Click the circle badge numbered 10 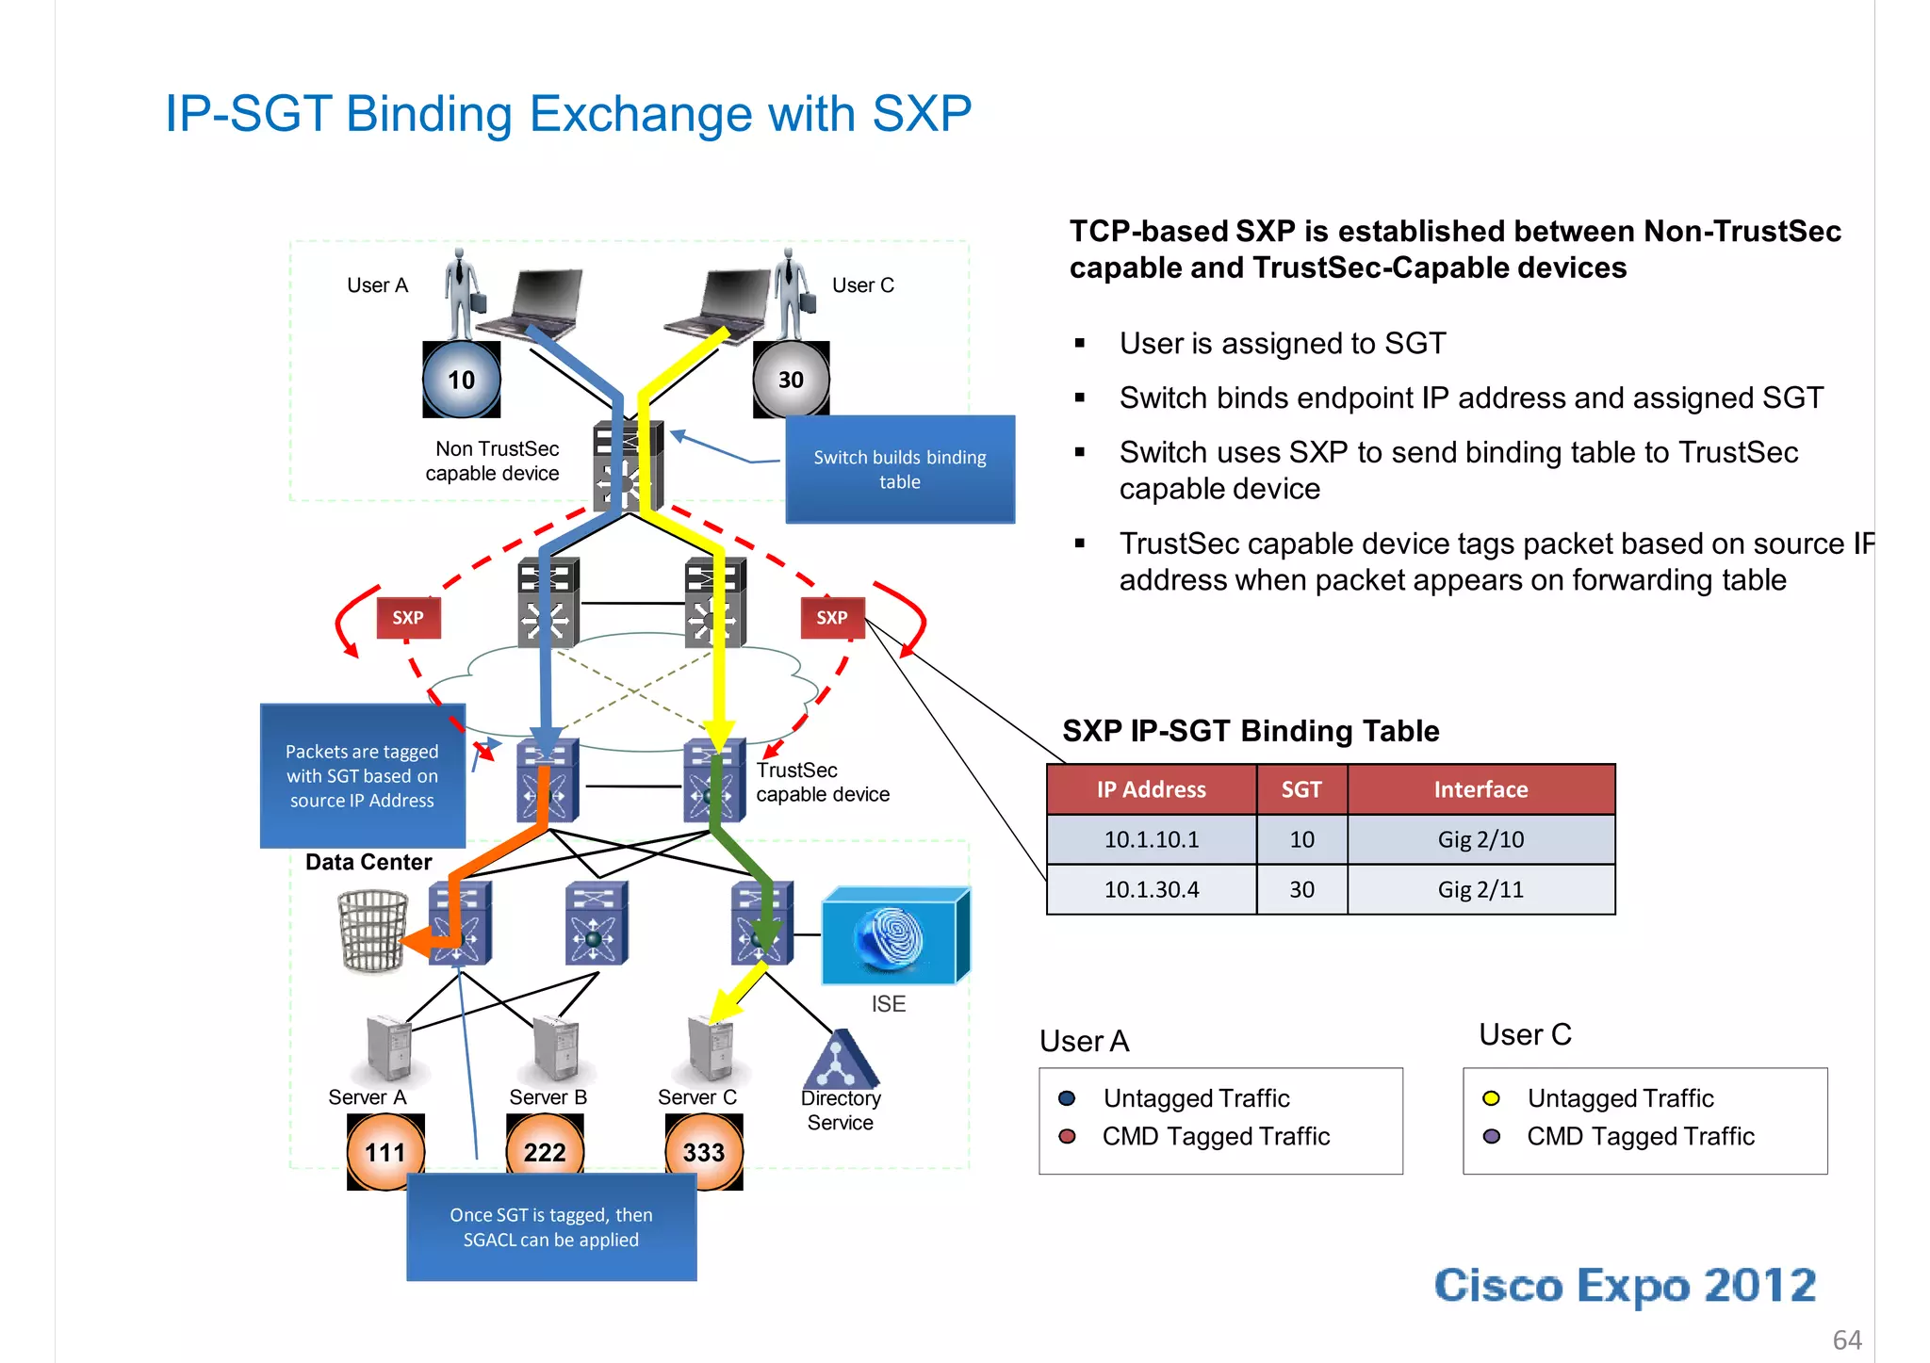coord(461,380)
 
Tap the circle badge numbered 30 coord(791,380)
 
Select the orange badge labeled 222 coord(545,1151)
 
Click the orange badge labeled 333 coord(704,1151)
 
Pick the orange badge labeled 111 coord(385,1151)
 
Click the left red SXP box coord(408,618)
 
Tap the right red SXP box coord(832,618)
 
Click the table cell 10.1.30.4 coord(1152,889)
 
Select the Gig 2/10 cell coord(1480,839)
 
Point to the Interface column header coord(1480,789)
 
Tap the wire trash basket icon coord(372,931)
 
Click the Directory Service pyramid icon coord(840,1061)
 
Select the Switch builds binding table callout coord(900,469)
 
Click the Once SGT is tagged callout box coord(551,1227)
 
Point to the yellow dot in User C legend coord(1491,1098)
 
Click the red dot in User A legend coord(1067,1136)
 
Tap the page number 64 coord(1847,1339)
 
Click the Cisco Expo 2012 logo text coord(1625,1286)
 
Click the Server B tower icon coord(556,1047)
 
